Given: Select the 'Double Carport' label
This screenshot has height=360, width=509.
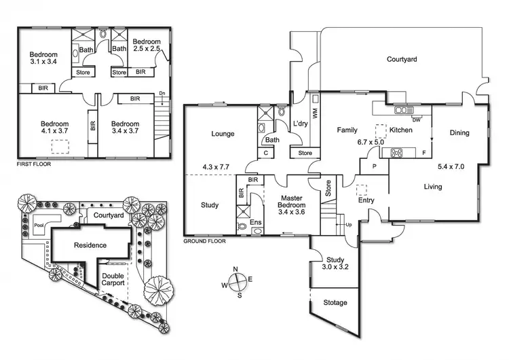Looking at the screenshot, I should pyautogui.click(x=113, y=279).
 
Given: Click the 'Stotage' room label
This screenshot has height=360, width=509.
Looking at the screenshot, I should pyautogui.click(x=335, y=302).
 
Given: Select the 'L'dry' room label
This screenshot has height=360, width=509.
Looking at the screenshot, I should pyautogui.click(x=301, y=123).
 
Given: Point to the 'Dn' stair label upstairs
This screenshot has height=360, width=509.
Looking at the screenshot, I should pyautogui.click(x=162, y=94).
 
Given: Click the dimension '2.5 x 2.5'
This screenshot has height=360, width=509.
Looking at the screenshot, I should pyautogui.click(x=147, y=50).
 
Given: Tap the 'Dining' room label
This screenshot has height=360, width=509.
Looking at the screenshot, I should pyautogui.click(x=459, y=133).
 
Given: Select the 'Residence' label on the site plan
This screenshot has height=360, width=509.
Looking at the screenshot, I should pyautogui.click(x=90, y=245).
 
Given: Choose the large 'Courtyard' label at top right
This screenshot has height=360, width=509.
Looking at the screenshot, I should pyautogui.click(x=402, y=60).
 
